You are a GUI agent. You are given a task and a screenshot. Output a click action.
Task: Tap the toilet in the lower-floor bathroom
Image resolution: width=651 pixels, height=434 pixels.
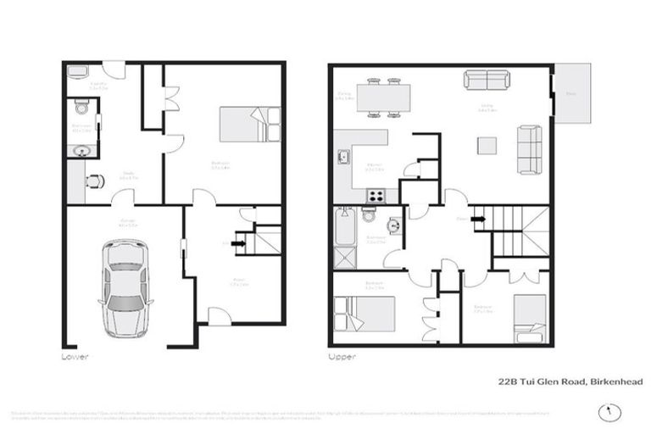[x=81, y=108]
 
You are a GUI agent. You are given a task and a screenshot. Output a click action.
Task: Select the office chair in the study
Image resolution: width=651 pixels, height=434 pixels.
[x=94, y=181]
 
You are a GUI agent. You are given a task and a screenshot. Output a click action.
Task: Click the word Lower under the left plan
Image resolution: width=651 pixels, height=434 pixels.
[x=75, y=357]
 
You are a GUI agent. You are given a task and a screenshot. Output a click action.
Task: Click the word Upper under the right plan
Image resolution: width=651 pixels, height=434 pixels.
[x=342, y=357]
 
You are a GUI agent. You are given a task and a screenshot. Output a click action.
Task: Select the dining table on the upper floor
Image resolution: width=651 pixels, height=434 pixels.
[x=384, y=97]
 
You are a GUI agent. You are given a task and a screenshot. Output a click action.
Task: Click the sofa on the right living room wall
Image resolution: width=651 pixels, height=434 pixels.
[x=530, y=147]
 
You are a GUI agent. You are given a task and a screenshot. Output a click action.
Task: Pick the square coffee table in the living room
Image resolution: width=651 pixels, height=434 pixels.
[x=487, y=146]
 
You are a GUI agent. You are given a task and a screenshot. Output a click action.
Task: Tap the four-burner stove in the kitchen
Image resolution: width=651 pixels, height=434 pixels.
[x=376, y=196]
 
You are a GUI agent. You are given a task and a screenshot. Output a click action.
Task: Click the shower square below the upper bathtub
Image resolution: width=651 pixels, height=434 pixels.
[x=345, y=258]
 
